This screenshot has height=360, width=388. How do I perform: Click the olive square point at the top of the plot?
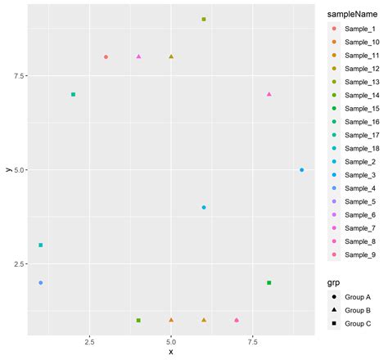pos(204,19)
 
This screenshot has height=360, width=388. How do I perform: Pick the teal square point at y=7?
pos(74,94)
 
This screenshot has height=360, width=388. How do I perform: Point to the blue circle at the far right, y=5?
pos(301,170)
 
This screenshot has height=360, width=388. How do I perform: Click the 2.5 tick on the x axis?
pos(106,340)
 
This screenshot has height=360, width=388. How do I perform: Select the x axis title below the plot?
pos(170,352)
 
